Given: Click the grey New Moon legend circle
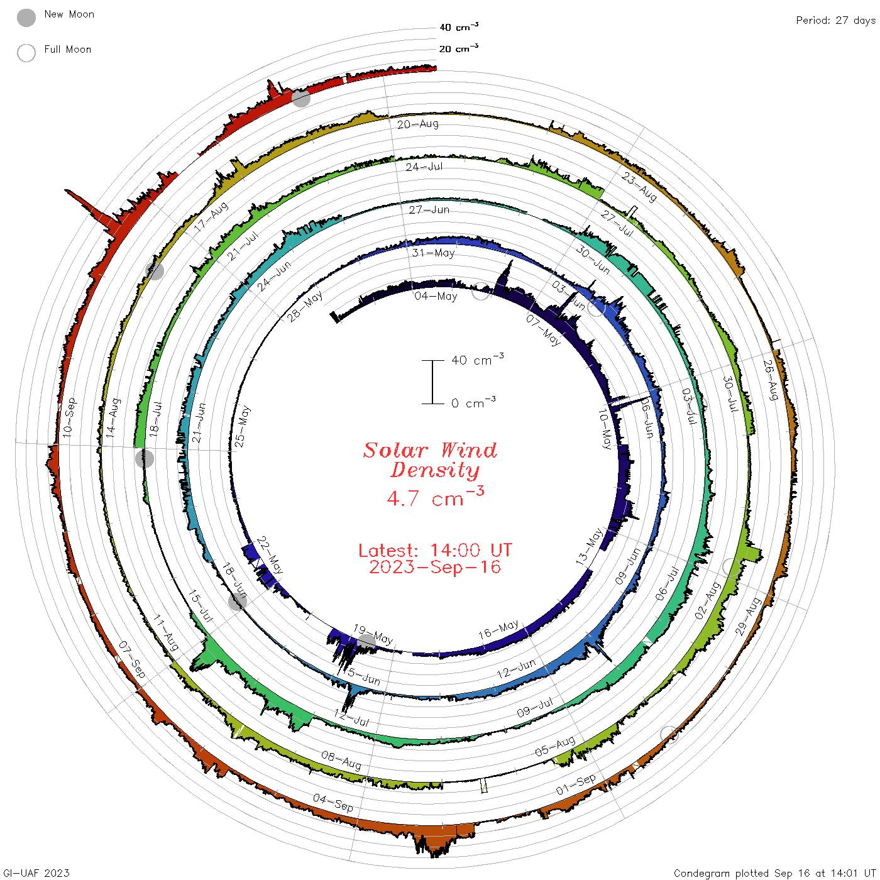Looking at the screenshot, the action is coord(26,18).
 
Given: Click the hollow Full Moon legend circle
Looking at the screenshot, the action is coord(26,53).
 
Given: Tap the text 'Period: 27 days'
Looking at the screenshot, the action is coord(835,21).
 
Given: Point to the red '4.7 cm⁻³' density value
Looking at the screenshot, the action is coord(435,497).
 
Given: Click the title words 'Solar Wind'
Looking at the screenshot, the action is coord(430,450).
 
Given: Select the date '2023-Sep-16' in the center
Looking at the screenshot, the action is coord(435,567).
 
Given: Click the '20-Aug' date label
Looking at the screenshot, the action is coord(417,124).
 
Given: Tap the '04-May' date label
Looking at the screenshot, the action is coord(436,296).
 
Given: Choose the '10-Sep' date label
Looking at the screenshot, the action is coord(69,417).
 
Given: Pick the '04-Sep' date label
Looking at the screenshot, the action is coord(333,803).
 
